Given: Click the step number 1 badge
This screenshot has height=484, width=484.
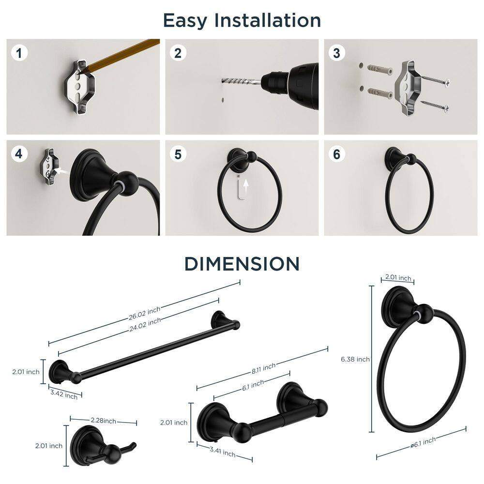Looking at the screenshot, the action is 19,53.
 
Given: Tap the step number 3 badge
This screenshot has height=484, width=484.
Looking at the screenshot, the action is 336,53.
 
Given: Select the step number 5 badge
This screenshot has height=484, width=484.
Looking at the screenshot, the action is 178,154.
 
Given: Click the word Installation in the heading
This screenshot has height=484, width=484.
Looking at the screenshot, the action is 267,20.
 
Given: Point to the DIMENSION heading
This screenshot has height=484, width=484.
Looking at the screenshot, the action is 242,264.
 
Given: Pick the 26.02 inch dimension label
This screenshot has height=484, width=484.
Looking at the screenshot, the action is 144,313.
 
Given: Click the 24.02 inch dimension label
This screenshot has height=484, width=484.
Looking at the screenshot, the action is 145,325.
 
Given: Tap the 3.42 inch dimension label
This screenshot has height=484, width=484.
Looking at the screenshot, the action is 64,394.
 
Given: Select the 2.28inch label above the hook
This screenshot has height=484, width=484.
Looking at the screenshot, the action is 104,421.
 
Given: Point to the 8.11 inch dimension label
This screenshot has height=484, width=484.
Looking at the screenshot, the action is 263,368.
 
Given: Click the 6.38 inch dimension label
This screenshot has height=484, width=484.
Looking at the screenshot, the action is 355,359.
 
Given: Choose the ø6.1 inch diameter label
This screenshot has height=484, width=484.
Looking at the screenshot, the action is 423,442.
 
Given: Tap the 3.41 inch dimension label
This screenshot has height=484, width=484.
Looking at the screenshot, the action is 223,452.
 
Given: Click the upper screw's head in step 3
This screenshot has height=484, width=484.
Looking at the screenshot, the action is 446,83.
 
